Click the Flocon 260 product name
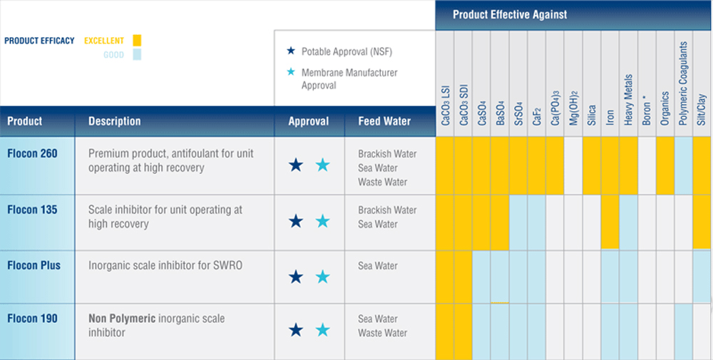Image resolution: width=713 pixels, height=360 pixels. (32, 153)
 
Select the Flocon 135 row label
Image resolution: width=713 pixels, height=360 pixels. (32, 210)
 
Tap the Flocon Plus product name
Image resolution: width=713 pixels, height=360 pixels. (34, 266)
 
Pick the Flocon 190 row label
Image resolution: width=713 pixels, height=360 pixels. (32, 319)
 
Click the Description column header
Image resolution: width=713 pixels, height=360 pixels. (114, 121)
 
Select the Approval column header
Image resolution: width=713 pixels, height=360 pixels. (308, 121)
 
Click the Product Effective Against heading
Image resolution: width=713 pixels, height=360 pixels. (510, 14)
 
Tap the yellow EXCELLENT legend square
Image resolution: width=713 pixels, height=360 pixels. (137, 41)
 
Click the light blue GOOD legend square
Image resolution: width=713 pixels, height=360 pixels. (137, 55)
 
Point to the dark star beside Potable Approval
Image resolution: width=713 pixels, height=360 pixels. (290, 51)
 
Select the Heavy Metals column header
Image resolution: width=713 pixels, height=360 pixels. (628, 100)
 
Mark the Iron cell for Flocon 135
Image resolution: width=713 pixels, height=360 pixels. (610, 222)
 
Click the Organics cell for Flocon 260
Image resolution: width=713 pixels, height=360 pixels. (665, 165)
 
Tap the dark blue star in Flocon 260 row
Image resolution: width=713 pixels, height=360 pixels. (296, 165)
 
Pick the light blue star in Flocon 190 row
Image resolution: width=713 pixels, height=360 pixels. (323, 330)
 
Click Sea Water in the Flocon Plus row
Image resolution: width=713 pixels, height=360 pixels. (378, 266)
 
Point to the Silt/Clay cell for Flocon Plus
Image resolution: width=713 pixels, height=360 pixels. (702, 276)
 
